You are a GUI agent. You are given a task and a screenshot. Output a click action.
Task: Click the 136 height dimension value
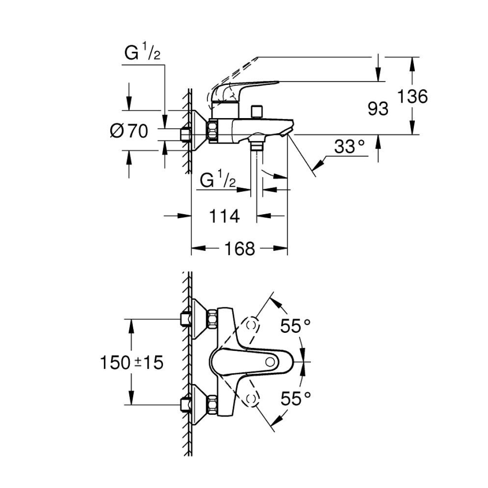[x=413, y=96]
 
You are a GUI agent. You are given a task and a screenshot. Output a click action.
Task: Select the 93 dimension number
[x=378, y=109]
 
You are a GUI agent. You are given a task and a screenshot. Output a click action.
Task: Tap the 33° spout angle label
[x=350, y=147]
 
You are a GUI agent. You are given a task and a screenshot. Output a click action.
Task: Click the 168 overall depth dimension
[x=240, y=248]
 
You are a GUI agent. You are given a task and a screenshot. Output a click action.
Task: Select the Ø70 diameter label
[x=129, y=131]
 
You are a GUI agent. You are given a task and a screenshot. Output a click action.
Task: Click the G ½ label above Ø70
[x=142, y=54]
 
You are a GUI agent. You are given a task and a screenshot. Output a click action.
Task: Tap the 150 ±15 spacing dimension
[x=131, y=363]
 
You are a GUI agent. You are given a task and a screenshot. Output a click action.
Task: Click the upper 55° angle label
[x=296, y=326]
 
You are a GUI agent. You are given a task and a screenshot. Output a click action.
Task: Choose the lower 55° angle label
[x=296, y=399]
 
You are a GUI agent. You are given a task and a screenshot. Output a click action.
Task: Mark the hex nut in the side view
[x=214, y=131]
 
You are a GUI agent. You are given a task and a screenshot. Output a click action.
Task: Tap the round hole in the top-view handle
[x=273, y=362]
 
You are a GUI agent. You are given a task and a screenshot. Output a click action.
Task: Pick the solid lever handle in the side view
[x=242, y=90]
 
